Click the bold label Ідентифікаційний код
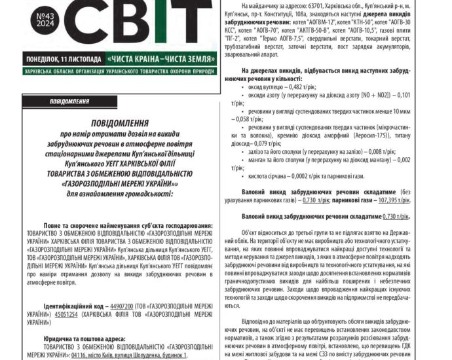point(76,306)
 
